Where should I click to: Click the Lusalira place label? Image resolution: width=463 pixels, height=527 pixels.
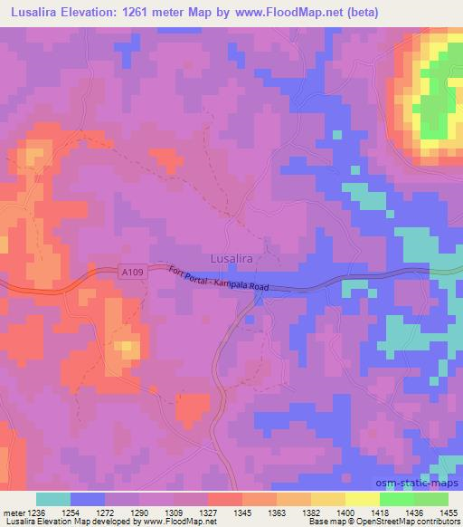point(231,257)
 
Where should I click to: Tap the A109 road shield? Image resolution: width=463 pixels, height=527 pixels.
point(132,271)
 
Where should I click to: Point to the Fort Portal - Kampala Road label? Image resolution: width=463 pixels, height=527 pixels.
point(219,279)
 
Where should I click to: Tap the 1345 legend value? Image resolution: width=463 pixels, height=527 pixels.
point(242,512)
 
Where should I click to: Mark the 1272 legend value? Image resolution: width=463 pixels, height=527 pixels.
point(105,512)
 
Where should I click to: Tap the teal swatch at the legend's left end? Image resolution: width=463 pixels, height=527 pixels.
point(53,499)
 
